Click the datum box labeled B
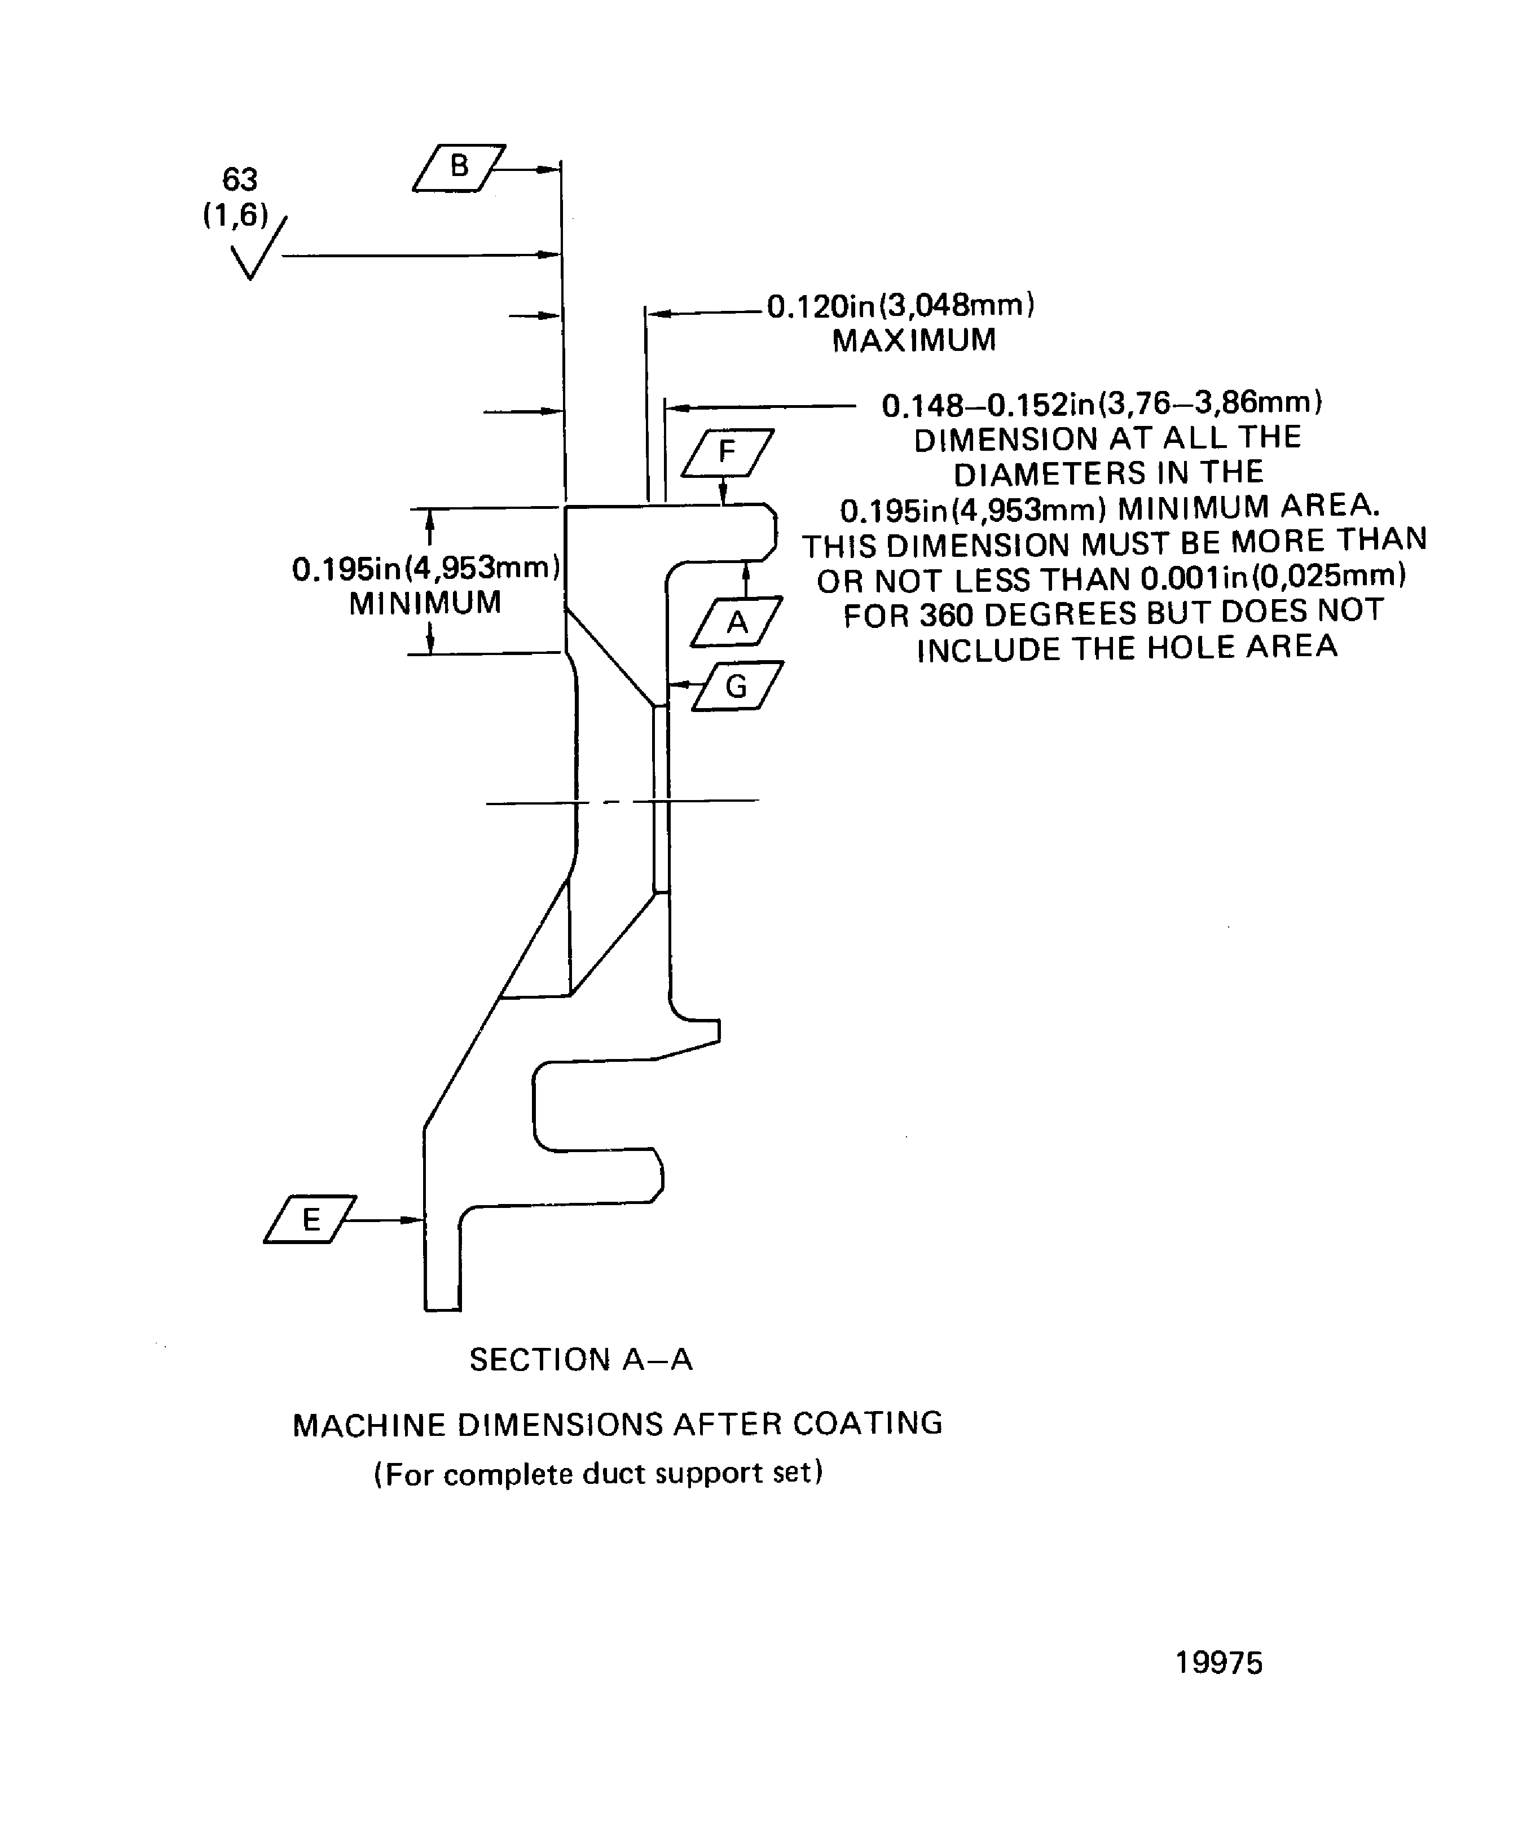(x=459, y=168)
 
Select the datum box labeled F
(x=728, y=452)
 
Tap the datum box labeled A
(x=736, y=622)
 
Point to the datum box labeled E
(x=310, y=1219)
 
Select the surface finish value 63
(x=239, y=180)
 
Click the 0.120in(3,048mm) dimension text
(x=900, y=306)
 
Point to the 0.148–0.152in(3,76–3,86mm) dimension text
(x=1102, y=403)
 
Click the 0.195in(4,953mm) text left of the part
(x=426, y=569)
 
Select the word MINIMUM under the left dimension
(x=425, y=603)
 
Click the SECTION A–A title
(x=581, y=1360)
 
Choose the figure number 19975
(x=1218, y=1663)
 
